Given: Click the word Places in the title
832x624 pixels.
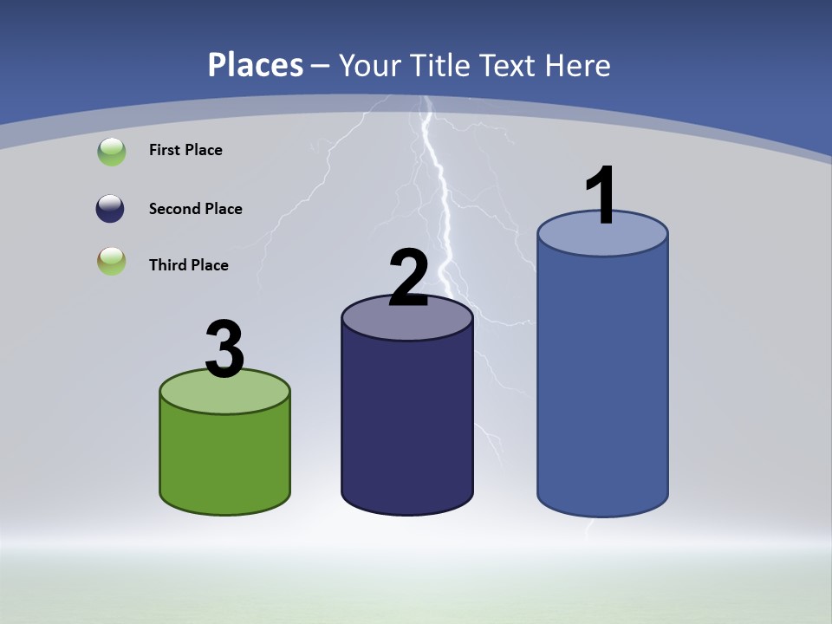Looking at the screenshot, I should [x=256, y=65].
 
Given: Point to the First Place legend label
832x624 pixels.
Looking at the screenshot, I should [x=185, y=150].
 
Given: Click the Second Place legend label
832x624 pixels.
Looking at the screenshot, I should [x=195, y=209].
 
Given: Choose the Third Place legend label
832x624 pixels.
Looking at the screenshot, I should [x=188, y=265].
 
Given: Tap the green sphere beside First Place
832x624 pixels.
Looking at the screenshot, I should [x=112, y=152].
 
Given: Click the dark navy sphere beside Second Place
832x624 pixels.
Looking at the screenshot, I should [x=110, y=209].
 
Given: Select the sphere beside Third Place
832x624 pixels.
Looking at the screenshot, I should [x=112, y=261].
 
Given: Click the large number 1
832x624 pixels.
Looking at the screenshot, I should [x=601, y=195].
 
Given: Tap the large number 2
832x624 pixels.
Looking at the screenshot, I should [x=408, y=277].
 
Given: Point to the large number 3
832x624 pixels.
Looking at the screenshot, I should [x=224, y=349].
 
